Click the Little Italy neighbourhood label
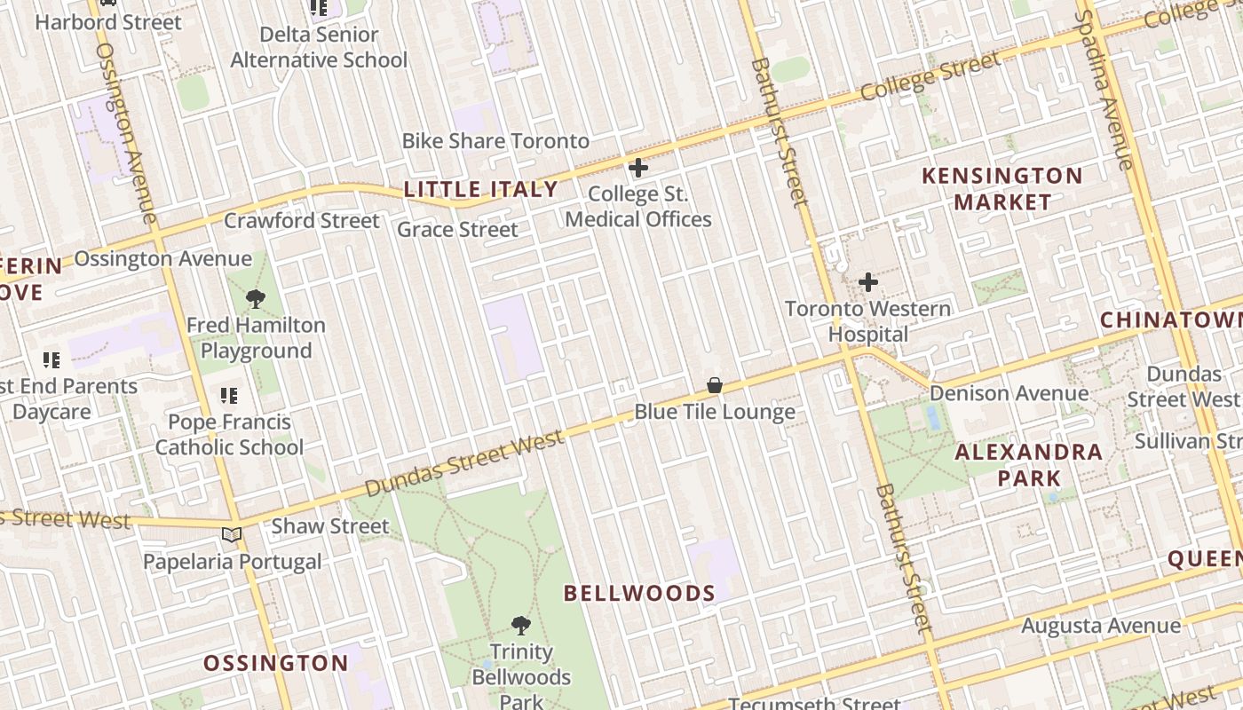[480, 189]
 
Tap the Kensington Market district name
[1002, 188]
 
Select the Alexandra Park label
[1028, 465]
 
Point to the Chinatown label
[1170, 319]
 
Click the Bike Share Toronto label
[495, 141]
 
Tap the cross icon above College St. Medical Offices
[637, 167]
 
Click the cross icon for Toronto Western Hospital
[868, 282]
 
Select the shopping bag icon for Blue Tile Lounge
[715, 385]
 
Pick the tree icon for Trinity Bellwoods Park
[521, 626]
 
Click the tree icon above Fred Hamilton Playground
[256, 298]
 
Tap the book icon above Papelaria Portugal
[232, 535]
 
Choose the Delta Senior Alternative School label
[319, 47]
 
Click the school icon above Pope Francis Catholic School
[229, 396]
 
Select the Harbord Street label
[108, 22]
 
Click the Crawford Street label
[302, 220]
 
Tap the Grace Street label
[457, 230]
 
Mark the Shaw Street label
[330, 525]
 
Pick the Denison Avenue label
[1009, 393]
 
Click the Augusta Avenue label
[1100, 626]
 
